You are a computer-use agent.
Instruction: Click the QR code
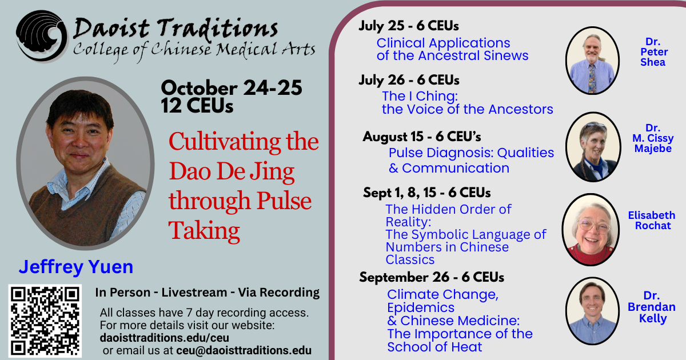pos(45,321)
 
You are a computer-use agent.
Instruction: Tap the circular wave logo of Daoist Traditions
pos(41,36)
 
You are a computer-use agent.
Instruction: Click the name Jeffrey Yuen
pos(76,267)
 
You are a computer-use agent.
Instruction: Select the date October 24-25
pos(232,88)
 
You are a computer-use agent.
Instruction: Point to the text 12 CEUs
pos(197,106)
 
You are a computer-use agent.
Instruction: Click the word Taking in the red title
pos(204,230)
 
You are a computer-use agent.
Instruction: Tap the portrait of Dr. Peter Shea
pos(592,61)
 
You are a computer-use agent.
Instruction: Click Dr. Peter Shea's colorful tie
pos(592,79)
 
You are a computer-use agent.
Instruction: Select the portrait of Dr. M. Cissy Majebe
pos(593,147)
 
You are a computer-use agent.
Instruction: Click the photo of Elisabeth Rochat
pos(591,230)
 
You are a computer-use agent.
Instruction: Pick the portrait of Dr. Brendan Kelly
pos(592,311)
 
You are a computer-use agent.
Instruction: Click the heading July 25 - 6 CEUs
pos(409,26)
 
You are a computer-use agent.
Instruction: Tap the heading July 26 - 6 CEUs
pos(409,80)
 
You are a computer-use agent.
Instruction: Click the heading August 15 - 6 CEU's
pos(422,137)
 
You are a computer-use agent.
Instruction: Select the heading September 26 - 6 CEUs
pos(432,277)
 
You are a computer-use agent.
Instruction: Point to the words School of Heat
pos(434,347)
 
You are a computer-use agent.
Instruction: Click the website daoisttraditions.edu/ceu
pos(165,338)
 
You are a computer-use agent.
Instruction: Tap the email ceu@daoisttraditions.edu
pos(244,350)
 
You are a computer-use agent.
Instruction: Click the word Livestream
pos(194,293)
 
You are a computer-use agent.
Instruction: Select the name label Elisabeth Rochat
pos(652,221)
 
